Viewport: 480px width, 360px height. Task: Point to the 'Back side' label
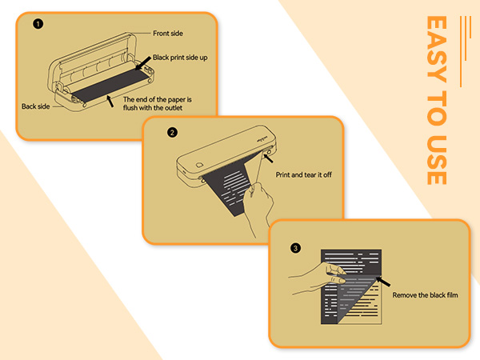point(35,106)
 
